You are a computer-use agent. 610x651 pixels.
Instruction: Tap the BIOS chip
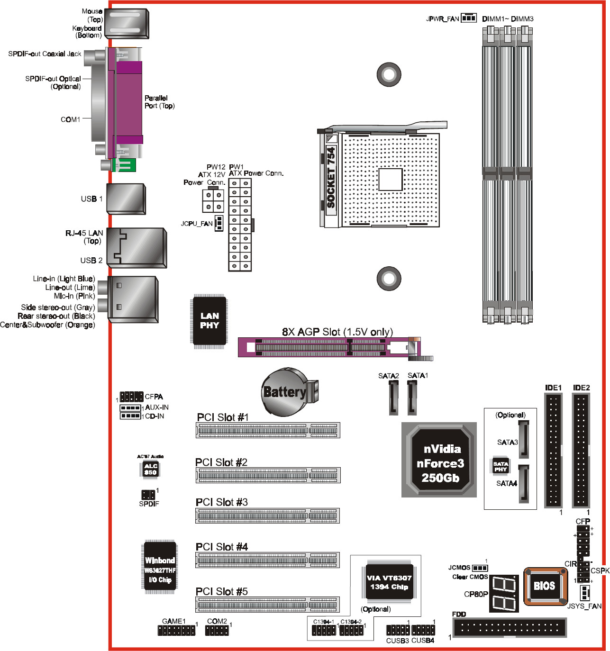(545, 586)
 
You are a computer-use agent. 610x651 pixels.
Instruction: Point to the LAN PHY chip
(209, 321)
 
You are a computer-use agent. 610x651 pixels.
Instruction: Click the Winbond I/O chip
(160, 567)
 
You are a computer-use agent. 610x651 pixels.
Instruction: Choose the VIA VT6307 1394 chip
(389, 582)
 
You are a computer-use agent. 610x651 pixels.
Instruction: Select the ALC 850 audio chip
(150, 469)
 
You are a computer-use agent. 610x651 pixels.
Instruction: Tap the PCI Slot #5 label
(221, 591)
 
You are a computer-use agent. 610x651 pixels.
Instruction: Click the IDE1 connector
(553, 450)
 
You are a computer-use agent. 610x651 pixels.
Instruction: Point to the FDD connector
(510, 628)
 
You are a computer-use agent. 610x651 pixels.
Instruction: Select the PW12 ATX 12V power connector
(213, 200)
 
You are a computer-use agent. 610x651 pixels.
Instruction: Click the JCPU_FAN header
(219, 223)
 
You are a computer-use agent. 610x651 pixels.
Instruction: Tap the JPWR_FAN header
(468, 18)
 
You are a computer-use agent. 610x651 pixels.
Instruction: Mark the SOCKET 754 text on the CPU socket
(331, 178)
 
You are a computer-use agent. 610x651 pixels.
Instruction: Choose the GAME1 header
(176, 630)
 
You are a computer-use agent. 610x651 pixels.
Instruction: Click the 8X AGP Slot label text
(337, 332)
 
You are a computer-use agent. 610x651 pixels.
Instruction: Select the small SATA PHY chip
(501, 467)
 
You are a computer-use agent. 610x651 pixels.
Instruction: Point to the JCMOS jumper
(480, 568)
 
